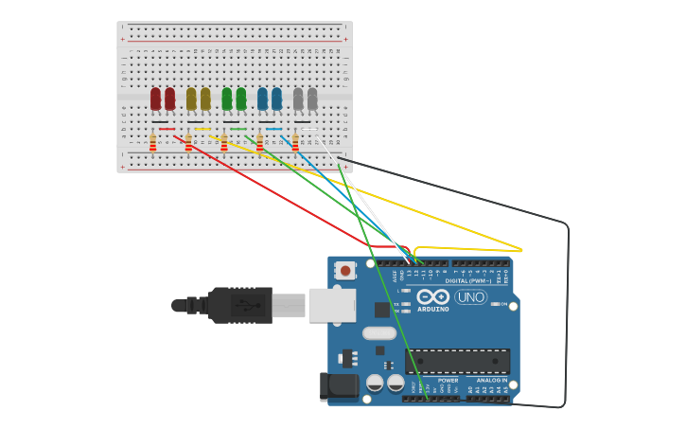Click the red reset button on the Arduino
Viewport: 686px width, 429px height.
coord(345,271)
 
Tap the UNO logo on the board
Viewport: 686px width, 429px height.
coord(470,296)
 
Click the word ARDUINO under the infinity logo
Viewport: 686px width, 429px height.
coord(433,309)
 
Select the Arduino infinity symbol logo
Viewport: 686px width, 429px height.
coord(432,296)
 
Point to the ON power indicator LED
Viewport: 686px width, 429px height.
coord(495,304)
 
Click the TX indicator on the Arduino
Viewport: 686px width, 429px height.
coord(405,305)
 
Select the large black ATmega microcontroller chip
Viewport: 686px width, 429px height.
coord(457,361)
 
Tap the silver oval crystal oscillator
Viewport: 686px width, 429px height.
coord(379,332)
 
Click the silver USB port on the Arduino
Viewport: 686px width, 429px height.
coord(332,305)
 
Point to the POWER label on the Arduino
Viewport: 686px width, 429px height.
coord(448,380)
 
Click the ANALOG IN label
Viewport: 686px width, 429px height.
coord(491,380)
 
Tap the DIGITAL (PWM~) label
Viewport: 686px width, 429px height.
coord(470,280)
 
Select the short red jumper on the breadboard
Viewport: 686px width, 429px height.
coord(167,129)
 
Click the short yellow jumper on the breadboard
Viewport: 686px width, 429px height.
coord(202,129)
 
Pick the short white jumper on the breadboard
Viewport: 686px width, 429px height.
coord(309,129)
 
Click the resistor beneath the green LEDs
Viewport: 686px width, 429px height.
coord(223,142)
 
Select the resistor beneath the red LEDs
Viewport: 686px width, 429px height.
coord(152,142)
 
